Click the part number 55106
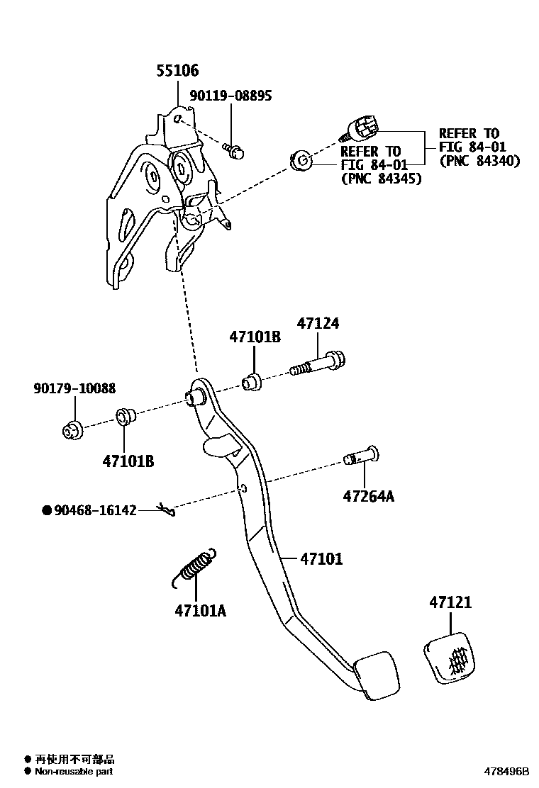177,71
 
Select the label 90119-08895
230,95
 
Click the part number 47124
318,324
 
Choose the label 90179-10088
74,388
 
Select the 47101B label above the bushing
255,337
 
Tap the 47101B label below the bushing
128,461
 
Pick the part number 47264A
368,496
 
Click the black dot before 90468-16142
47,510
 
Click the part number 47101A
201,609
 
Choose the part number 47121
450,603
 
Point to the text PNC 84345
381,179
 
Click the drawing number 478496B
506,770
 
